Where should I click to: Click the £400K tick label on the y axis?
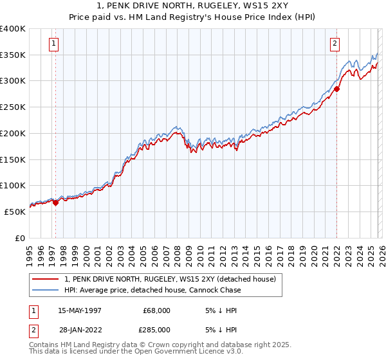point(13,29)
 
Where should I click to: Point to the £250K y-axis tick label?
point(13,107)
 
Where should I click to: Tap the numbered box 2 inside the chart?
point(335,44)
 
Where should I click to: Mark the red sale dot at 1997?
point(56,203)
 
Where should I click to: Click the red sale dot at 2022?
point(336,89)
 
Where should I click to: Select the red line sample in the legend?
point(46,279)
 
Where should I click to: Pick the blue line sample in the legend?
point(46,290)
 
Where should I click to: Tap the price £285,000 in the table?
point(156,330)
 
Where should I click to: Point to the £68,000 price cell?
point(156,310)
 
